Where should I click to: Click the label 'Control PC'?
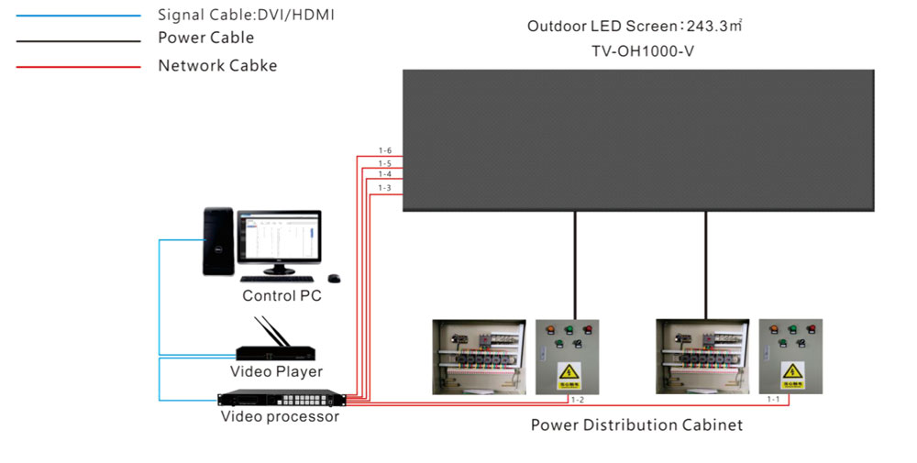(x=282, y=296)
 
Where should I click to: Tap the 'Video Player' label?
(x=276, y=371)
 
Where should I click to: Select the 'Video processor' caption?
(x=280, y=417)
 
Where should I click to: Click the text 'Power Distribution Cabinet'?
(x=636, y=425)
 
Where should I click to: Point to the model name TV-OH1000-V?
(x=642, y=51)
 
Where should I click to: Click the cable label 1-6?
(x=384, y=150)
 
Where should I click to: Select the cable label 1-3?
(x=384, y=188)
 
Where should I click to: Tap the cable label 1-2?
(x=578, y=400)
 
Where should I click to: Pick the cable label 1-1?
(x=775, y=400)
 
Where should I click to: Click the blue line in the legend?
(x=78, y=16)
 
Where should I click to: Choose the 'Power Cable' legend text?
(x=205, y=39)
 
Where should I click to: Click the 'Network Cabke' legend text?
(x=217, y=66)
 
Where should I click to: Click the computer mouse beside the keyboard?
(x=335, y=278)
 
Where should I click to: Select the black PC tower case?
(x=216, y=243)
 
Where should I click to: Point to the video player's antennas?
(x=270, y=330)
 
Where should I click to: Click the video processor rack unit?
(x=282, y=399)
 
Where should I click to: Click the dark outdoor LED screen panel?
(x=639, y=141)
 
